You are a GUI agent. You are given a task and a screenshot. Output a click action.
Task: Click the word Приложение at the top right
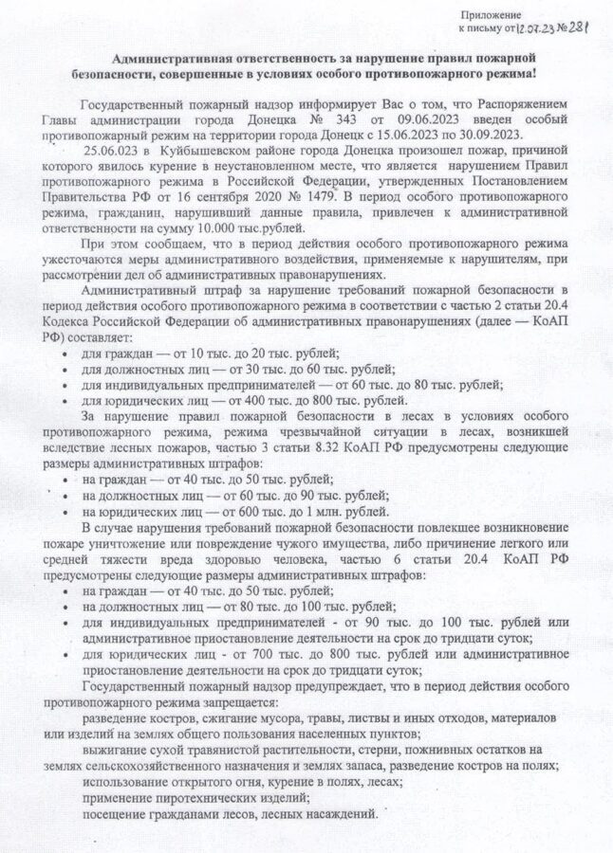click(x=492, y=15)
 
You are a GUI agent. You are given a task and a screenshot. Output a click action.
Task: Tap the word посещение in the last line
click(x=114, y=814)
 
